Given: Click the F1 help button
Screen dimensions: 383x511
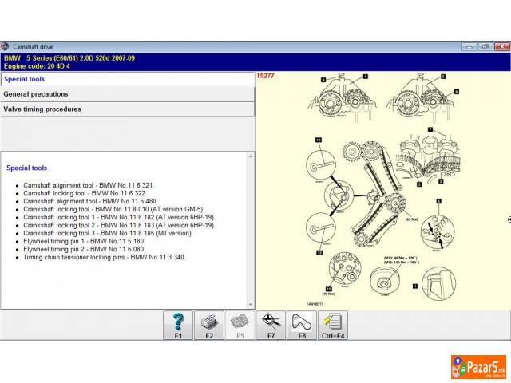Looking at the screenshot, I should coord(178,325).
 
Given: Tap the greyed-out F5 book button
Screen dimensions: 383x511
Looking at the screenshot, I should coord(240,325).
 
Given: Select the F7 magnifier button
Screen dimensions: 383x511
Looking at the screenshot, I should coord(271,325).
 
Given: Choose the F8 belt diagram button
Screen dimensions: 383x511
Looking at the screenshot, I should coord(302,325).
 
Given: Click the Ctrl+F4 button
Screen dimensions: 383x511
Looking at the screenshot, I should coord(333,325).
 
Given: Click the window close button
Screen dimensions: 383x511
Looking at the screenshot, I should coord(501,47).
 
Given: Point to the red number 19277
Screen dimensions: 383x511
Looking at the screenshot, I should coord(265,76).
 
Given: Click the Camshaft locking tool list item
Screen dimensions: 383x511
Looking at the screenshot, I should coord(85,193).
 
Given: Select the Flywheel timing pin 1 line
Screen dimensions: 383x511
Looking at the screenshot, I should coord(84,241).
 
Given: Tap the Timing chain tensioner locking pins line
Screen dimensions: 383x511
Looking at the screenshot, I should coord(104,257).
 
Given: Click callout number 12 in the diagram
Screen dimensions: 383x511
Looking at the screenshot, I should coord(318,252).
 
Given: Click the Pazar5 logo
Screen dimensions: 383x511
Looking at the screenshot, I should coord(477,368).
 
